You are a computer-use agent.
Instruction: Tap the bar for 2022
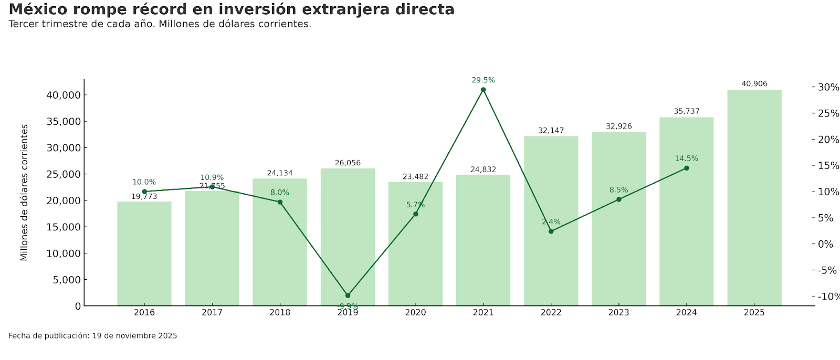coord(551,221)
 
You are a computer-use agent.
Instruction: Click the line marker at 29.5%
coord(483,90)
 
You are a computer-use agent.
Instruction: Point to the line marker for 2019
coord(348,295)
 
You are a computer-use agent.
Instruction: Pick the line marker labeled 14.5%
coord(686,168)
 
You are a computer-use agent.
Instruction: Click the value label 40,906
coord(754,84)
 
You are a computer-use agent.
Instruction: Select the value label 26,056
coord(348,163)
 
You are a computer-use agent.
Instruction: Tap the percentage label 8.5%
coord(618,190)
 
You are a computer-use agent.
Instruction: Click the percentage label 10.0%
coord(144,182)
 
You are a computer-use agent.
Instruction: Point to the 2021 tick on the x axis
coord(483,313)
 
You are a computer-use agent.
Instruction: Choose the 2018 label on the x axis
coord(280,313)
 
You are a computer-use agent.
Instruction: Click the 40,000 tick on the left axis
coord(64,95)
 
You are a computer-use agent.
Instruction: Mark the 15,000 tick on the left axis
coord(64,227)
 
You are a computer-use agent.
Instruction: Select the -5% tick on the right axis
coord(827,270)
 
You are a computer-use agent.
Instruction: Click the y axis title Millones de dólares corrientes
coord(24,193)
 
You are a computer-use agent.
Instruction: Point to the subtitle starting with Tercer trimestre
coord(160,24)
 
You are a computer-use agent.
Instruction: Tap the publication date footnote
coord(92,336)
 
